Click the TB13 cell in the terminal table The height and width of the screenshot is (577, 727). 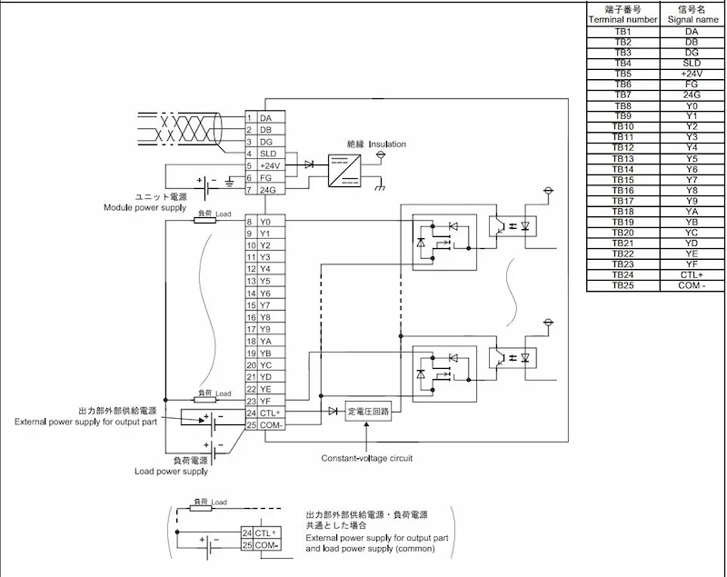point(623,158)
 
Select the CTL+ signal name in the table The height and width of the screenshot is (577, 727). point(692,274)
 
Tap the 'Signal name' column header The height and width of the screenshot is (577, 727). point(692,19)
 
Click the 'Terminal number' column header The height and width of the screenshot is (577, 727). point(622,19)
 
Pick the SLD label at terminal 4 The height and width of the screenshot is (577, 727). point(268,154)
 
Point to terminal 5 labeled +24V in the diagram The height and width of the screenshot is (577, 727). point(270,166)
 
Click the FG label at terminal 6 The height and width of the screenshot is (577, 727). point(265,178)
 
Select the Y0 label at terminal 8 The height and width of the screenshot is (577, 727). point(264,222)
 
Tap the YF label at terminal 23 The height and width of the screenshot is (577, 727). point(264,401)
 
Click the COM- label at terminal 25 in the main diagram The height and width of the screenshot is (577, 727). point(271,425)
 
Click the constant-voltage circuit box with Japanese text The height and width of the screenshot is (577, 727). point(368,411)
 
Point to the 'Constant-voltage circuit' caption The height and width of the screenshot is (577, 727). point(367,458)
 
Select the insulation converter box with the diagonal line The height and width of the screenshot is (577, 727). point(344,171)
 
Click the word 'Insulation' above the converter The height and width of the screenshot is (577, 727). point(387,144)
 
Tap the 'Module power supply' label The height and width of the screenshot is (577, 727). point(144,207)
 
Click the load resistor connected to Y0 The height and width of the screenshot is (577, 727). point(204,221)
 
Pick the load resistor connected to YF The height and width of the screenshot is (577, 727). point(204,400)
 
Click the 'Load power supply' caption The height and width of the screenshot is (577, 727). point(171,472)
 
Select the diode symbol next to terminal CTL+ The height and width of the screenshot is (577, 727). point(333,411)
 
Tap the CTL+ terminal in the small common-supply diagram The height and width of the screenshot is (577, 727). point(265,533)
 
